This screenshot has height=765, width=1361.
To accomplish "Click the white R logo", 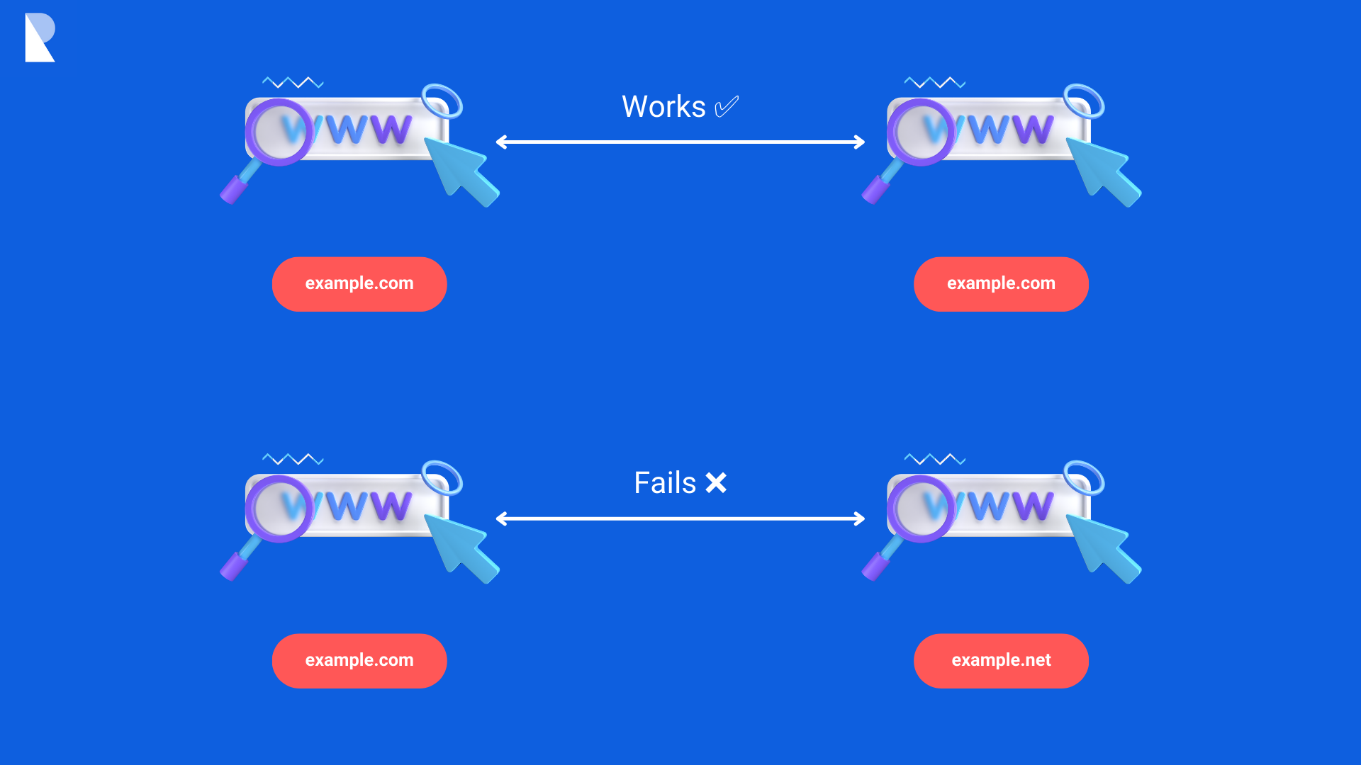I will click(39, 38).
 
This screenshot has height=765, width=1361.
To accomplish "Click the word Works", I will click(663, 107).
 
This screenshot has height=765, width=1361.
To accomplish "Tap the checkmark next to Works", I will click(727, 107).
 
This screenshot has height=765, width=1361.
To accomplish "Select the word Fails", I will click(665, 483).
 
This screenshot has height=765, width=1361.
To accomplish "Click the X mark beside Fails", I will click(716, 483).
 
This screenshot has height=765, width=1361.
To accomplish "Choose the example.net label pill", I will click(1001, 660).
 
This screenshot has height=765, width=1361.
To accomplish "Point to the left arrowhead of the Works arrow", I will click(500, 142).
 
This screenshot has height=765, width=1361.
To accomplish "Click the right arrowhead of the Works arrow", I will click(860, 142).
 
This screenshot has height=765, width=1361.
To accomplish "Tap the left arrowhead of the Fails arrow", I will click(500, 518).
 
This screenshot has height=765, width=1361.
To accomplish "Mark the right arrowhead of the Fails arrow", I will click(860, 518).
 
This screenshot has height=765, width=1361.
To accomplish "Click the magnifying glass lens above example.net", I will click(921, 508).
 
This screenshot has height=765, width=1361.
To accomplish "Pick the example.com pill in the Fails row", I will click(359, 660).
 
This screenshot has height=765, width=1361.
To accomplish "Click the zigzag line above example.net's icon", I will click(935, 459).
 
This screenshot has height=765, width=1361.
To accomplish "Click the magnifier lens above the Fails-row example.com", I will click(279, 508).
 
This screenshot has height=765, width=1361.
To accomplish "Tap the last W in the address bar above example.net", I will click(1031, 506).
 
